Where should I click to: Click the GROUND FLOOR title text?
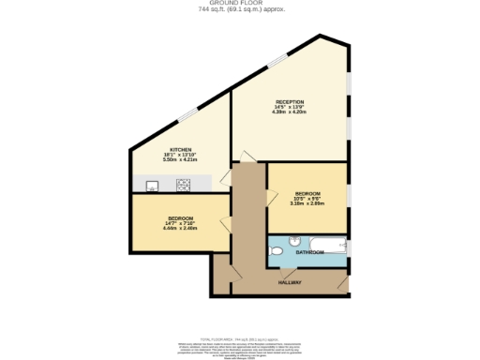click(x=240, y=4)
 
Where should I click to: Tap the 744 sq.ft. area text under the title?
click(x=240, y=10)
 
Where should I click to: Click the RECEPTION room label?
click(x=290, y=101)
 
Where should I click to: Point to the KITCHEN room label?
click(x=181, y=150)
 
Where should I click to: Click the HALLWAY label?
click(x=289, y=282)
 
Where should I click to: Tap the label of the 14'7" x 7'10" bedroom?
click(x=181, y=217)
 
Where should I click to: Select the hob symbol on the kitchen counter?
click(x=183, y=184)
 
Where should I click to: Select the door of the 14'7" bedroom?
click(x=226, y=222)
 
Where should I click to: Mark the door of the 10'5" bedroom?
click(x=273, y=196)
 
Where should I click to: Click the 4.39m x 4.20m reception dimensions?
click(x=290, y=112)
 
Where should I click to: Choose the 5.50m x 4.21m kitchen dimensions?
click(x=181, y=161)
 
